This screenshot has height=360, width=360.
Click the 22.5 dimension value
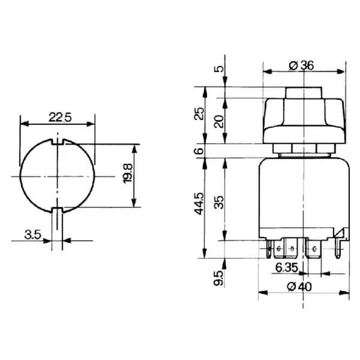60,118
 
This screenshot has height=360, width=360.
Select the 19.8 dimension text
128,173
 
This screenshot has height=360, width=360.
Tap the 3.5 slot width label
32,235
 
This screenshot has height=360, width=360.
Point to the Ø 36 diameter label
301,65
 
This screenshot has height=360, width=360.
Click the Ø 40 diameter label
299,287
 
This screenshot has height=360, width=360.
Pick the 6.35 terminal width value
287,268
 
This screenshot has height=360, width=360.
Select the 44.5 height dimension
199,203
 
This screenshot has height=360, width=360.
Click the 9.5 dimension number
218,278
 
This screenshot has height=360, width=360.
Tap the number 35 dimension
218,202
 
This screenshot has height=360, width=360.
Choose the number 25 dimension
199,113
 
